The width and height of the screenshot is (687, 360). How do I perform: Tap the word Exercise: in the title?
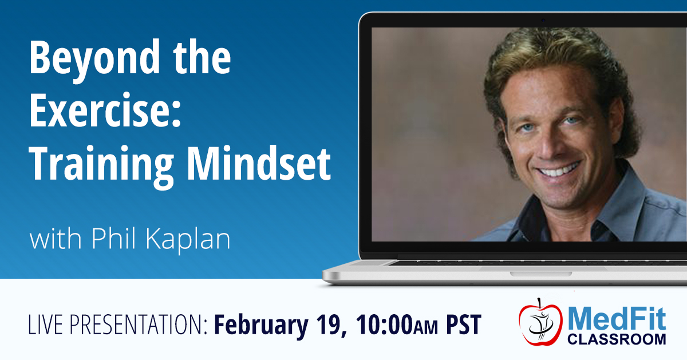click(x=105, y=110)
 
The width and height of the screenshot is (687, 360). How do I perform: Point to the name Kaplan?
click(x=188, y=239)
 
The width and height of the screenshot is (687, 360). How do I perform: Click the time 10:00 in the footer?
click(x=384, y=325)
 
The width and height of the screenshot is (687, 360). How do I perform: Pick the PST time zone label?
click(x=464, y=325)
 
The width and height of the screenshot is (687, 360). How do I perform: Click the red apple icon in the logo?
click(x=540, y=323)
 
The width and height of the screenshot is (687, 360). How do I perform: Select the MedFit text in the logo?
click(x=617, y=319)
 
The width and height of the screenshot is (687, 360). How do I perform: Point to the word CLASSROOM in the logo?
click(x=617, y=339)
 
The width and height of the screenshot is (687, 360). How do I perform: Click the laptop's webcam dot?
click(x=543, y=20)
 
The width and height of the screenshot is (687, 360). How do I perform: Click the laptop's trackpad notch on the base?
click(x=541, y=274)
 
